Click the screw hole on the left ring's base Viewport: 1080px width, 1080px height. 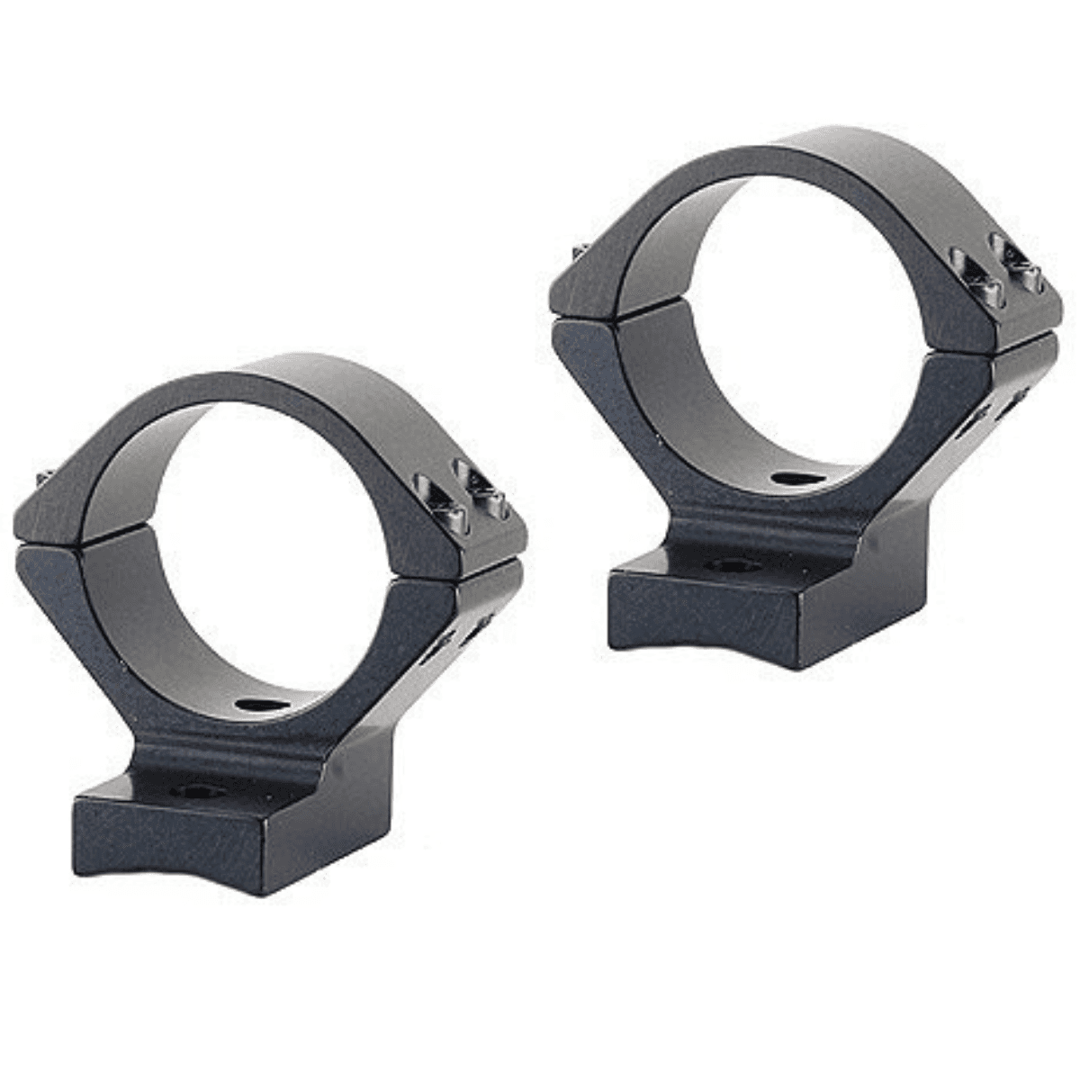189,793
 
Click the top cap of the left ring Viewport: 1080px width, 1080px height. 297,378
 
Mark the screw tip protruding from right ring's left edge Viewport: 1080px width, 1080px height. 577,249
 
